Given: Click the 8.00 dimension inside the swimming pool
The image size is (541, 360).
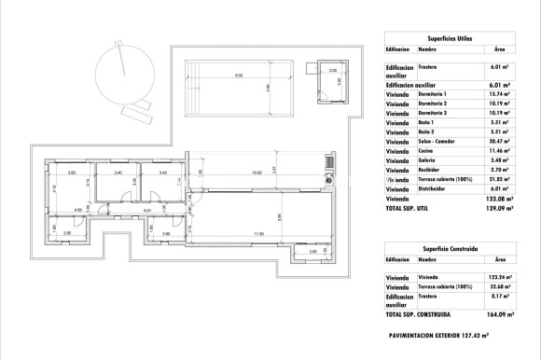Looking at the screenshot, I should [238, 76].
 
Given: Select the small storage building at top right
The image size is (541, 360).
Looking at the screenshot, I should [331, 85].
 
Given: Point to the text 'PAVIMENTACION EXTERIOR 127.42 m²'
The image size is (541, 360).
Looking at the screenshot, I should [451, 334].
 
